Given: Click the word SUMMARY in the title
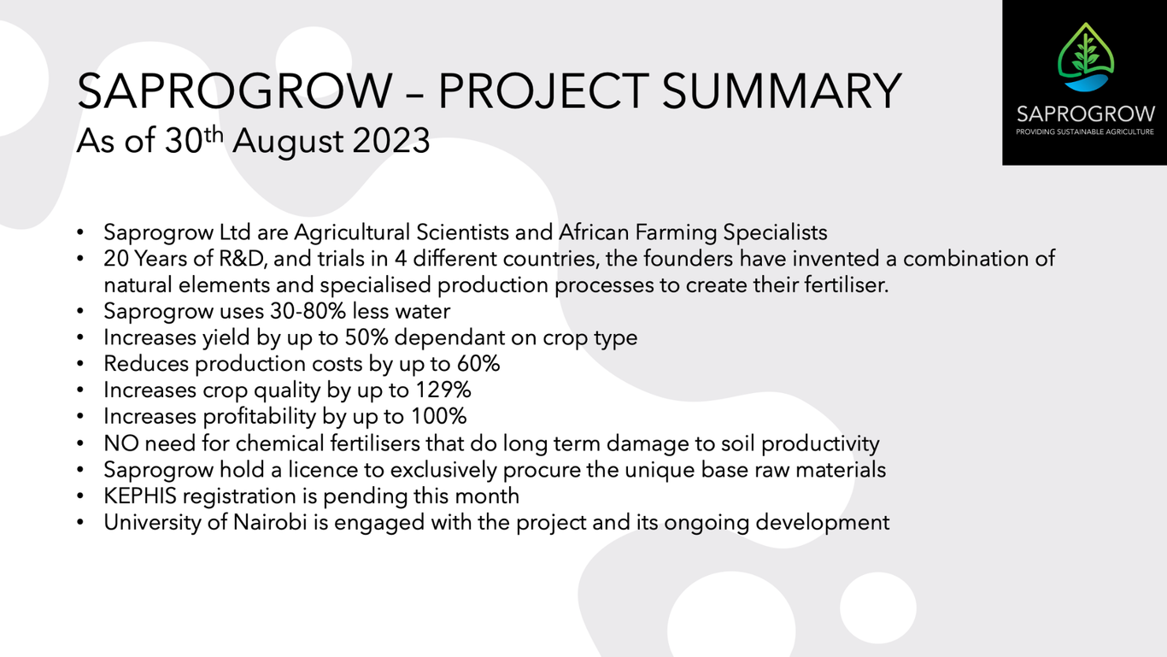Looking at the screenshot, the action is tap(782, 91).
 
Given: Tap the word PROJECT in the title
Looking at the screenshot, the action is tap(543, 91).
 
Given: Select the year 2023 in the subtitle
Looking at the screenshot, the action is tap(390, 141).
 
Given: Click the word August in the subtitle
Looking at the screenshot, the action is tap(288, 142).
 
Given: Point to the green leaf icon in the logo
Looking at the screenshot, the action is tap(1086, 52).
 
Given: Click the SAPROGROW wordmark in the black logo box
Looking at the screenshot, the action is tap(1086, 114).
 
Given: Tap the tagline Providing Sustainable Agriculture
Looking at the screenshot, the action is tap(1085, 132).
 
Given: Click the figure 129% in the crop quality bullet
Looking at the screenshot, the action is tap(443, 390).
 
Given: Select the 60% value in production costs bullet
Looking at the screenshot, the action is tap(478, 364).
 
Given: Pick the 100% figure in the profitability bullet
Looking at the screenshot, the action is tap(438, 416).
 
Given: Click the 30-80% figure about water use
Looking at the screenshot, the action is tap(308, 311).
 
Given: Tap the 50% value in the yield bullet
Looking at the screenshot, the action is tap(367, 337).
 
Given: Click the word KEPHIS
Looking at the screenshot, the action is tap(140, 496).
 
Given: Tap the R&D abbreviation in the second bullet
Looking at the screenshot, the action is tap(243, 259).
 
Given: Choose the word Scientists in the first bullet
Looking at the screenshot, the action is tap(463, 232).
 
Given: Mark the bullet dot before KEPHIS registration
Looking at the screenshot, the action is tap(79, 496).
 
